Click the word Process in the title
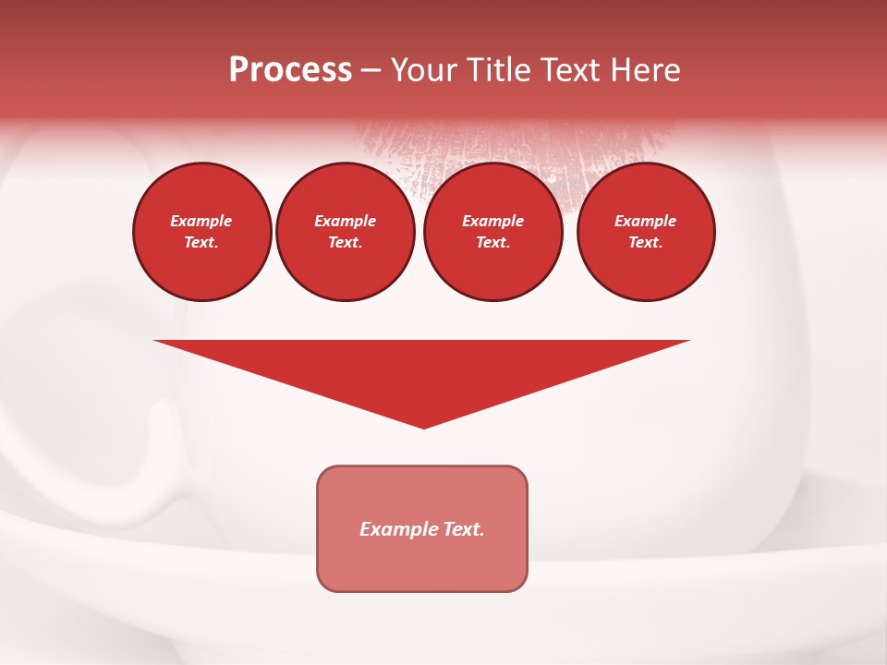pos(290,70)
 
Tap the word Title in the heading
pos(497,70)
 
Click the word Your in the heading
pos(424,70)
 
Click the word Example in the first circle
pos(201,221)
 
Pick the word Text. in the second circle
pos(345,242)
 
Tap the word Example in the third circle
pos(492,221)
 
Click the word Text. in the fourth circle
pos(646,242)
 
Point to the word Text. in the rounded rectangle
pos(463,529)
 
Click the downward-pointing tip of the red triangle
pos(423,426)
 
